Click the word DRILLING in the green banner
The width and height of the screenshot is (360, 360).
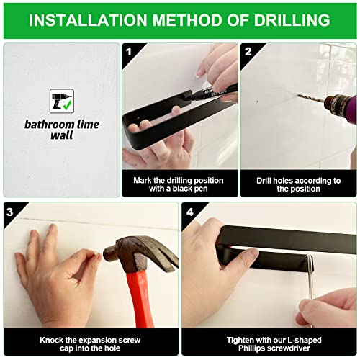coord(292,20)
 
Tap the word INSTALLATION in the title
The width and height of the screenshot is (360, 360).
coord(88,20)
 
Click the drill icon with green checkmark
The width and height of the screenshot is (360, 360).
coord(62,101)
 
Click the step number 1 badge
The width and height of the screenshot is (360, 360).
coord(129,52)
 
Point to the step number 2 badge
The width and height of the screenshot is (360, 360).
coord(248,52)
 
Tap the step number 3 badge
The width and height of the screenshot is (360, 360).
coord(10,212)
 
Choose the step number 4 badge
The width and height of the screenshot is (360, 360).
coord(189,212)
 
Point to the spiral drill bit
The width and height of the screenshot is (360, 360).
coord(311,98)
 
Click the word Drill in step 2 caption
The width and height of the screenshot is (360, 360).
coord(264,181)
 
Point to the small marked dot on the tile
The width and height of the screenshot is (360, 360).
coord(258,102)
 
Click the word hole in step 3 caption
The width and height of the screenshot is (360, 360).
coord(112,348)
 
